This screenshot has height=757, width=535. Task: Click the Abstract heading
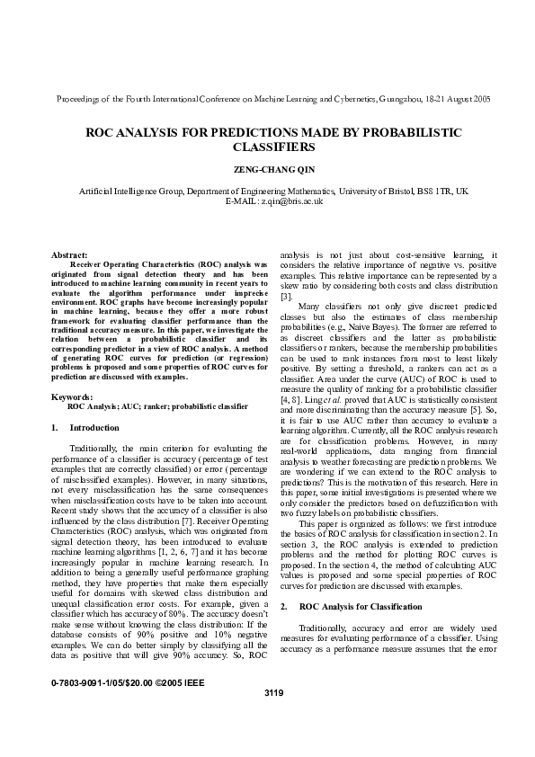(x=69, y=256)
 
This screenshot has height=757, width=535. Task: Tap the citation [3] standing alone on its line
(x=287, y=296)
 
